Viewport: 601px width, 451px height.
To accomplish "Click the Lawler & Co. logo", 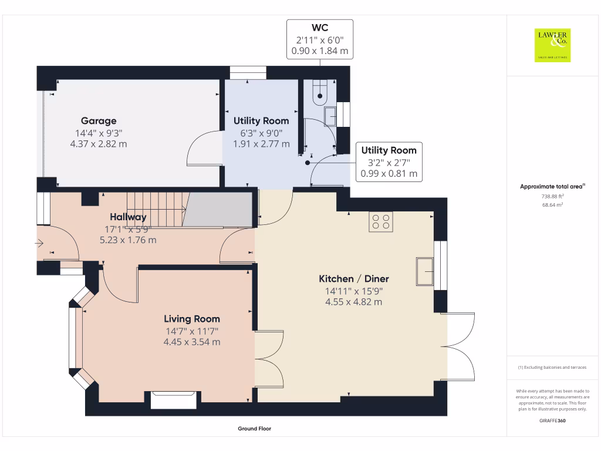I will (552, 45).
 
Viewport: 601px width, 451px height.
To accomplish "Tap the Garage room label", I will (99, 121).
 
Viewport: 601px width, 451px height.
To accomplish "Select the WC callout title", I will (319, 28).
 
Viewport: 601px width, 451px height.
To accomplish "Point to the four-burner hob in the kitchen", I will (380, 221).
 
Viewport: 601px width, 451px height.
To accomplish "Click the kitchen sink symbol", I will (425, 271).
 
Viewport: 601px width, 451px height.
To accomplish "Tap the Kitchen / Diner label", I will (353, 279).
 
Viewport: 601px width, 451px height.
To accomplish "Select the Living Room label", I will (192, 319).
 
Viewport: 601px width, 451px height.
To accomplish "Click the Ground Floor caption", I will (254, 429).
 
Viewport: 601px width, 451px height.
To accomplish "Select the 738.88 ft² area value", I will (552, 197).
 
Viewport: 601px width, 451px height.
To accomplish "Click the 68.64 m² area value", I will (552, 205).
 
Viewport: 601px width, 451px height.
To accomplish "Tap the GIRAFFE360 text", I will (552, 420).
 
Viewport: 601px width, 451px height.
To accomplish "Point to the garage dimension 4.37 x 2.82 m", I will (99, 143).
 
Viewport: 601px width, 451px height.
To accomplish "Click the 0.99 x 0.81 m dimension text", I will (389, 173).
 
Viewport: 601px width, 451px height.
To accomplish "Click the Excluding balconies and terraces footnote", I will (552, 367).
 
